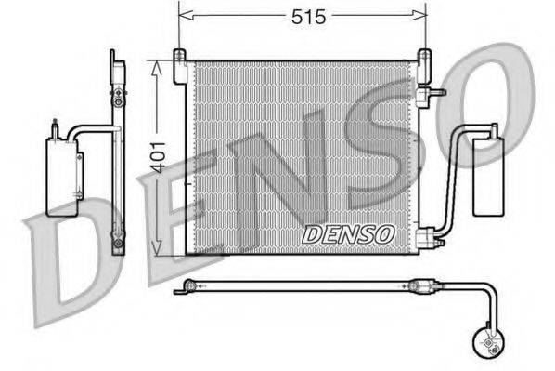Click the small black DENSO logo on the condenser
348,234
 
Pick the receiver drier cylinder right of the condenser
487,171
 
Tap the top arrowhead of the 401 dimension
157,65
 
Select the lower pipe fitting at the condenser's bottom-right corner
429,240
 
